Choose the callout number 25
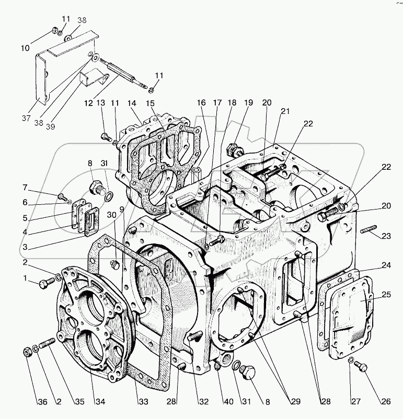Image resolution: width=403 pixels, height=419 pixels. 386,295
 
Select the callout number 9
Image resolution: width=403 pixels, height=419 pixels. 121,209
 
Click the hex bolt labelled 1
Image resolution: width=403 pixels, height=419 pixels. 44,284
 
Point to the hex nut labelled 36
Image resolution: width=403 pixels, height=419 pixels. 27,351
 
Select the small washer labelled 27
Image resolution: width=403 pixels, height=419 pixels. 352,359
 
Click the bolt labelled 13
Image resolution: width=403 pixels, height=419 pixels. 104,137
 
